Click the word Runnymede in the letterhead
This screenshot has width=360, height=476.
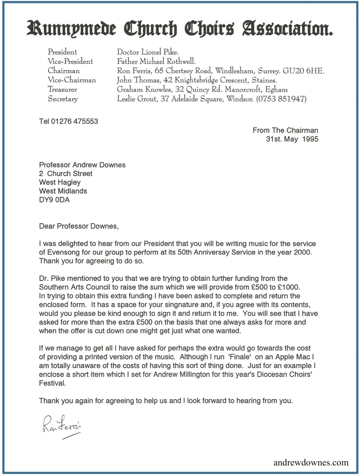point(71,29)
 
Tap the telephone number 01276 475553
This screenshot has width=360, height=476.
point(75,121)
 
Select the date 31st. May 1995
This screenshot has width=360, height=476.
point(292,139)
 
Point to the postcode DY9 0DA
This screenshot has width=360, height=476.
point(54,200)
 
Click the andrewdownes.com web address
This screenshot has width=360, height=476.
point(311,462)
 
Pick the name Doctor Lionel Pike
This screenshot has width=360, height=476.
point(148,52)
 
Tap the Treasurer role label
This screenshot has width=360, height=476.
point(62,89)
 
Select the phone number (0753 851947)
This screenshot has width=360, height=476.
point(281,99)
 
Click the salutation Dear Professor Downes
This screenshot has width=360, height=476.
point(79,226)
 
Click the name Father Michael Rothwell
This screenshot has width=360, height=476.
point(156,62)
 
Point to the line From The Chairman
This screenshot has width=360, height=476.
point(285,130)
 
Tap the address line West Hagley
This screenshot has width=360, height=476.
point(60,182)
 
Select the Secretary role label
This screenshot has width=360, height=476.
point(63,99)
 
